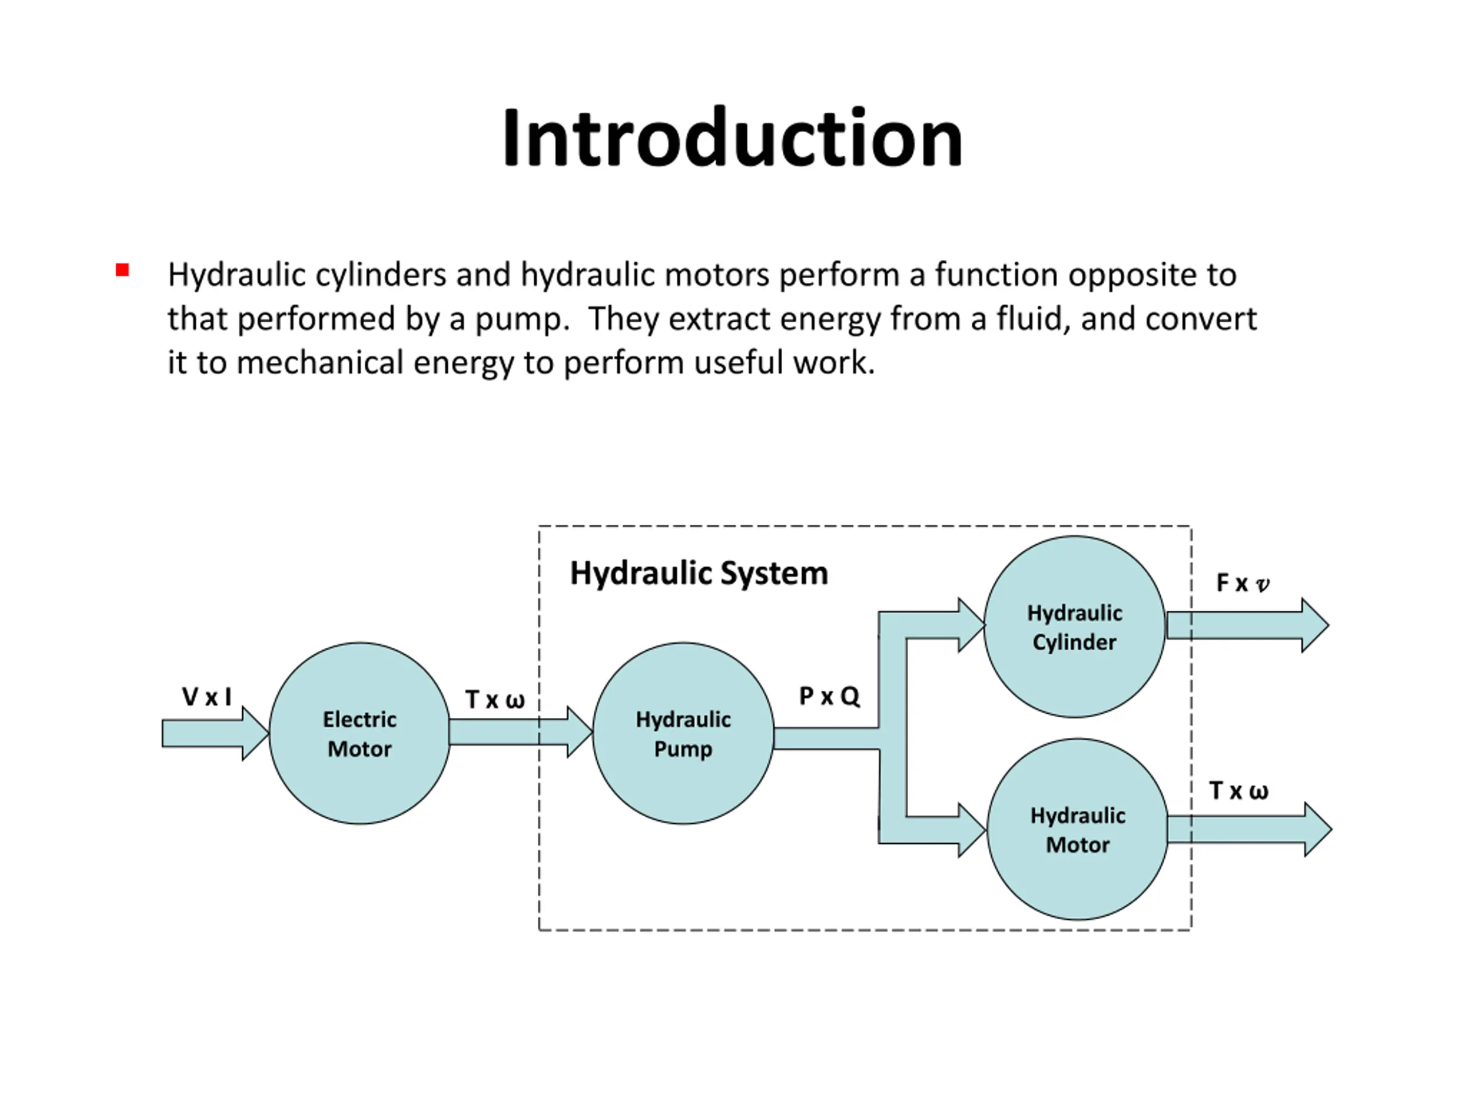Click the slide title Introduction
point(732,137)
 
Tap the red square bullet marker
point(122,270)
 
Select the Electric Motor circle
point(360,733)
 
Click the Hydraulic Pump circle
point(683,733)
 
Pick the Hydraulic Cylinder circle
point(1075,627)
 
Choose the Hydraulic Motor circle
point(1078,829)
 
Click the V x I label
point(207,697)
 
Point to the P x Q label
point(829,696)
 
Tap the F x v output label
point(1243,583)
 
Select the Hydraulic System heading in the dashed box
point(699,573)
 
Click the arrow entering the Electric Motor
point(215,733)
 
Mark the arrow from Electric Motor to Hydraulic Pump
point(521,732)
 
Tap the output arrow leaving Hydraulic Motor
point(1250,829)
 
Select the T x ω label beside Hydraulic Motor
point(1239,791)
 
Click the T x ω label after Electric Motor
point(495,699)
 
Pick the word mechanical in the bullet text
point(320,362)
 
